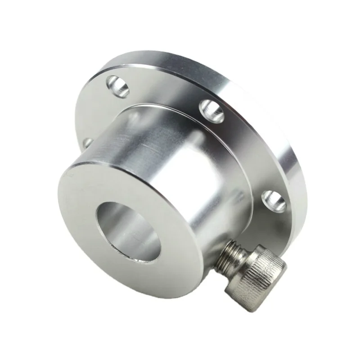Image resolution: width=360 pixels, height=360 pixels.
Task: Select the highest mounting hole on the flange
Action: tap(118, 86)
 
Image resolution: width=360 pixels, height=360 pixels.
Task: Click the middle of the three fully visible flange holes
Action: tap(212, 110)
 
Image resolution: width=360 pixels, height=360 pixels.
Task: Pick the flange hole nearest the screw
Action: tap(274, 201)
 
